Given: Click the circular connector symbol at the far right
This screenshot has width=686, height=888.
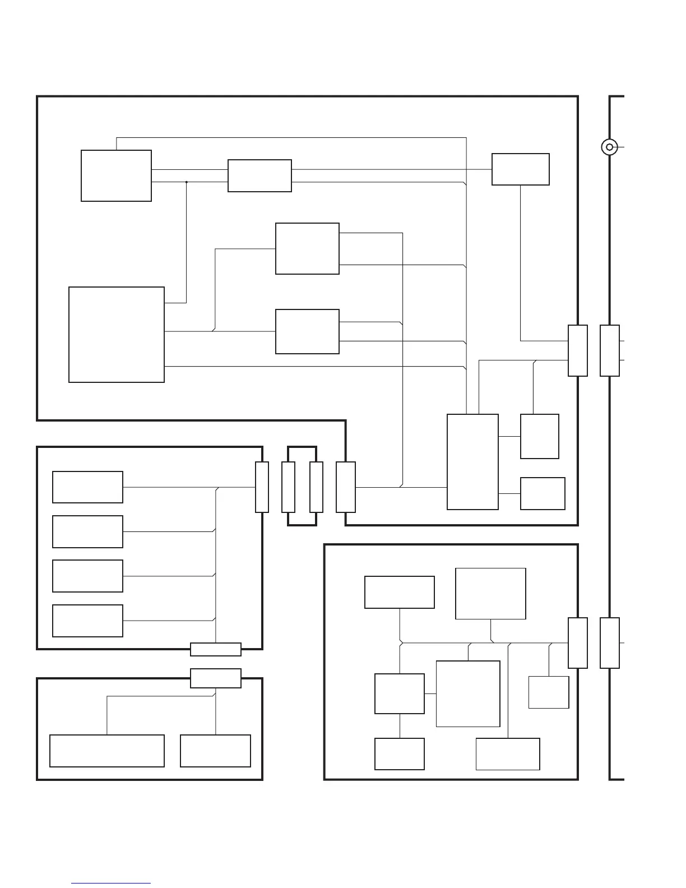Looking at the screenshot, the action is [x=609, y=147].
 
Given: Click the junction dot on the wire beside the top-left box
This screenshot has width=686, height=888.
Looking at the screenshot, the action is [x=186, y=182].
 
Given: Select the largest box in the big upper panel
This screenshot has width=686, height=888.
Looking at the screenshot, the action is [x=117, y=335].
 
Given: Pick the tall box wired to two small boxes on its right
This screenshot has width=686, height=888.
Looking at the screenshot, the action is [x=472, y=462].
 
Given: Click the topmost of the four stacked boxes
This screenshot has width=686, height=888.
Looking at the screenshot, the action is [x=87, y=487].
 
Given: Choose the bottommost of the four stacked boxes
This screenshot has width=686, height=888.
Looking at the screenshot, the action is [x=87, y=621].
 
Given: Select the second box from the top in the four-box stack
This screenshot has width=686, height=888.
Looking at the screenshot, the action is [x=87, y=531].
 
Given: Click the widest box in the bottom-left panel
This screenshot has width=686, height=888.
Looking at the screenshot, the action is [x=107, y=751].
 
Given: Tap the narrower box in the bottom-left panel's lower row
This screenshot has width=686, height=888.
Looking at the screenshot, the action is [x=215, y=751].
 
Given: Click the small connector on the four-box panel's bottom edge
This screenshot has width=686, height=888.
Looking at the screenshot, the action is [x=216, y=649].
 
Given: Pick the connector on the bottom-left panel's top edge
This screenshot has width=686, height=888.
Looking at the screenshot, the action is [x=216, y=678].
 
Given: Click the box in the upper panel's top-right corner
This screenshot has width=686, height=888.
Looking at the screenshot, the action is [x=520, y=169].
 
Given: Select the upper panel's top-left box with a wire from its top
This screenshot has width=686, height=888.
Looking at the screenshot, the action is [x=116, y=175].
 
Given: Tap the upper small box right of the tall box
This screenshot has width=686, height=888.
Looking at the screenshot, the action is [x=539, y=436].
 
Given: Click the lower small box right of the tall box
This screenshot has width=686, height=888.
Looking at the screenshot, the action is [x=543, y=493].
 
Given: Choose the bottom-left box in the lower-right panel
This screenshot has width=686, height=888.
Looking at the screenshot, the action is [x=399, y=754].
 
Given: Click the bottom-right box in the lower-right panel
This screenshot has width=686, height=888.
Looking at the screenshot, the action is [x=508, y=754].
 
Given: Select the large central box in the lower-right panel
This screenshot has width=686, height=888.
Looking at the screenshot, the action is [x=468, y=693].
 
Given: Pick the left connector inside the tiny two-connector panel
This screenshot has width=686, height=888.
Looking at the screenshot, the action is [x=288, y=487].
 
